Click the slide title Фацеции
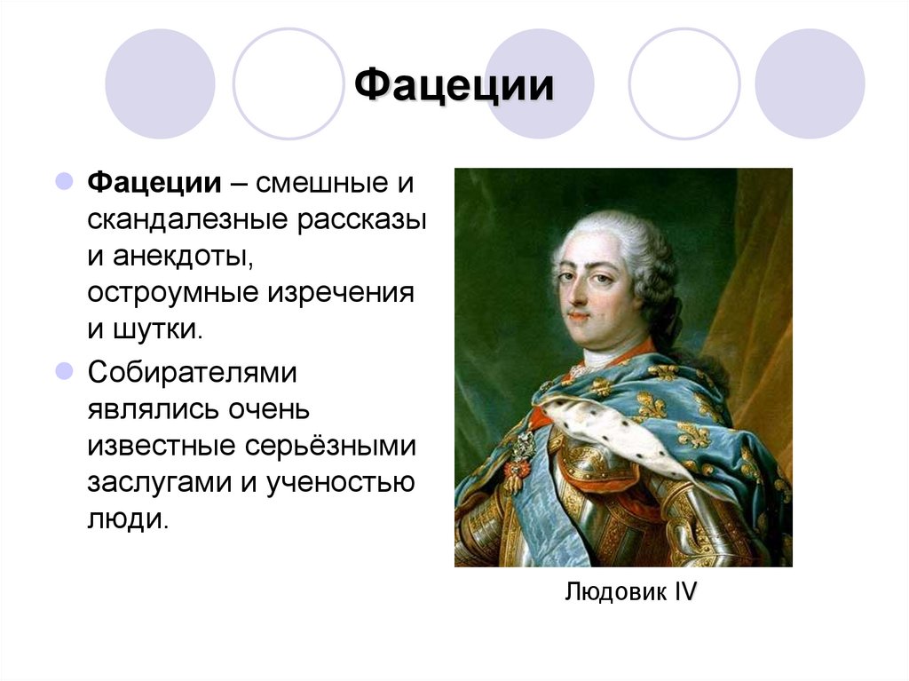coord(454,86)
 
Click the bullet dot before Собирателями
coord(64,370)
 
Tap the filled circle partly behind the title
coord(539,84)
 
